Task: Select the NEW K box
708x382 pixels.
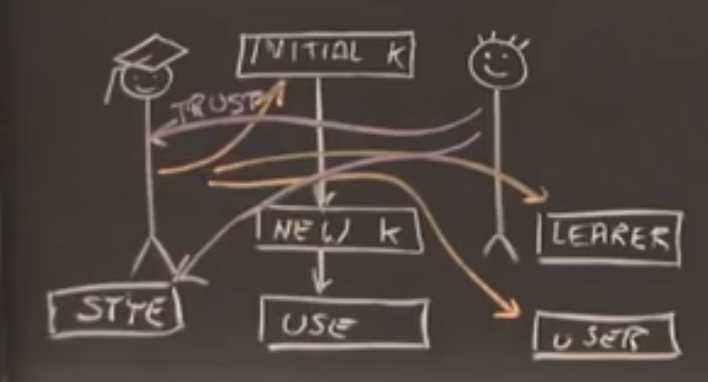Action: [x=338, y=231]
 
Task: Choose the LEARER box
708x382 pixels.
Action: [x=609, y=237]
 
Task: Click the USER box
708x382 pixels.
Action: [x=605, y=336]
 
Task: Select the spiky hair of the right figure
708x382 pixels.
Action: [x=498, y=38]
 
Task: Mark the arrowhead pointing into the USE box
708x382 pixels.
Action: [x=322, y=286]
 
